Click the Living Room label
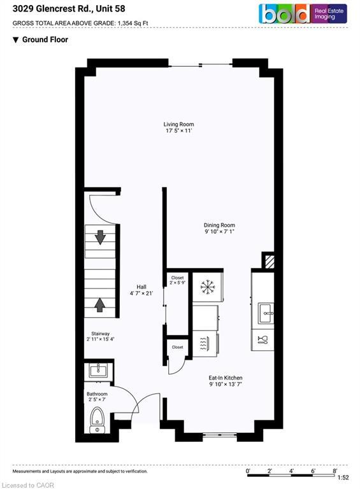pyautogui.click(x=178, y=127)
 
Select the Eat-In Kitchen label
pyautogui.click(x=225, y=381)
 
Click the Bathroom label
pyautogui.click(x=97, y=397)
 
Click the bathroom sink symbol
pyautogui.click(x=99, y=370)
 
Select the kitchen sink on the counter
pyautogui.click(x=266, y=312)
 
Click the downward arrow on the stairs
pyautogui.click(x=100, y=237)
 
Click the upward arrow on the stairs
pyautogui.click(x=100, y=304)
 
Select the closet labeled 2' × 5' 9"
pyautogui.click(x=176, y=281)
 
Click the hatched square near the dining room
pyautogui.click(x=269, y=261)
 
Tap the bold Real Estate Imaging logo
pyautogui.click(x=303, y=14)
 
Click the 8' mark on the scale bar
pyautogui.click(x=335, y=471)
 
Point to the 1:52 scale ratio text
pyautogui.click(x=342, y=478)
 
